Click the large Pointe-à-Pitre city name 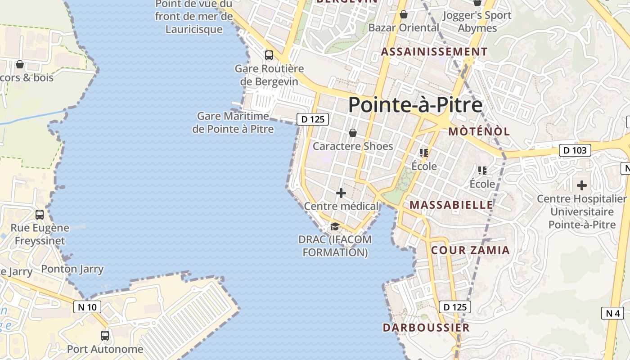tap(415, 104)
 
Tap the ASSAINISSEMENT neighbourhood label tap(434, 52)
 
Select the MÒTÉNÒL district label tap(479, 131)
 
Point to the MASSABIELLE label tap(451, 205)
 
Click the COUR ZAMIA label tap(470, 250)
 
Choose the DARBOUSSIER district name tap(426, 327)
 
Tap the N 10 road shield tap(87, 307)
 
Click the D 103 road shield tap(575, 150)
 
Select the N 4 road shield tap(612, 313)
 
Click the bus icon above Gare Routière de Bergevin tap(269, 55)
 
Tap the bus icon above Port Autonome tap(105, 335)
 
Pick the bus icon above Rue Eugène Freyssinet tap(40, 214)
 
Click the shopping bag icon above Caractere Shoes tap(353, 133)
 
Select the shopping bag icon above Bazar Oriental tap(404, 14)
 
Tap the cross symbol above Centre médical tap(341, 193)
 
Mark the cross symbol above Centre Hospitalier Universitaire tap(582, 185)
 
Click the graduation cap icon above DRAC tap(335, 226)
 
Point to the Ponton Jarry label tap(72, 269)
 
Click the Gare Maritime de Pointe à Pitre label tap(233, 122)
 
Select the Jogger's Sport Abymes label tap(477, 22)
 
